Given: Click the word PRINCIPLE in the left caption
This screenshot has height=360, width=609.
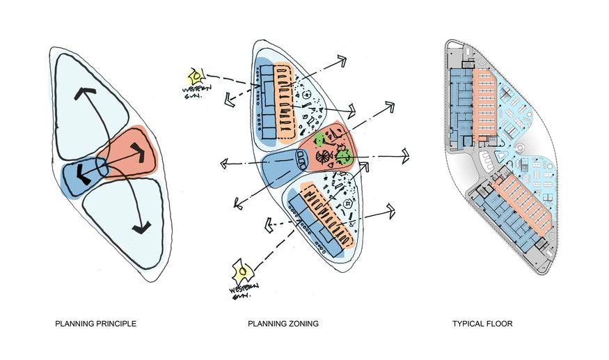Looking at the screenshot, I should [x=113, y=324].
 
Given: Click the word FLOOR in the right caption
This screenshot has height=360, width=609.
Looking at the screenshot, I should [x=502, y=324].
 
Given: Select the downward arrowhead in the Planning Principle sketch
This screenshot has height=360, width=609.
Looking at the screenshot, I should [x=141, y=226].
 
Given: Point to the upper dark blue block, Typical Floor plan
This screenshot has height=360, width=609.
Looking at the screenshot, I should [x=461, y=101].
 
